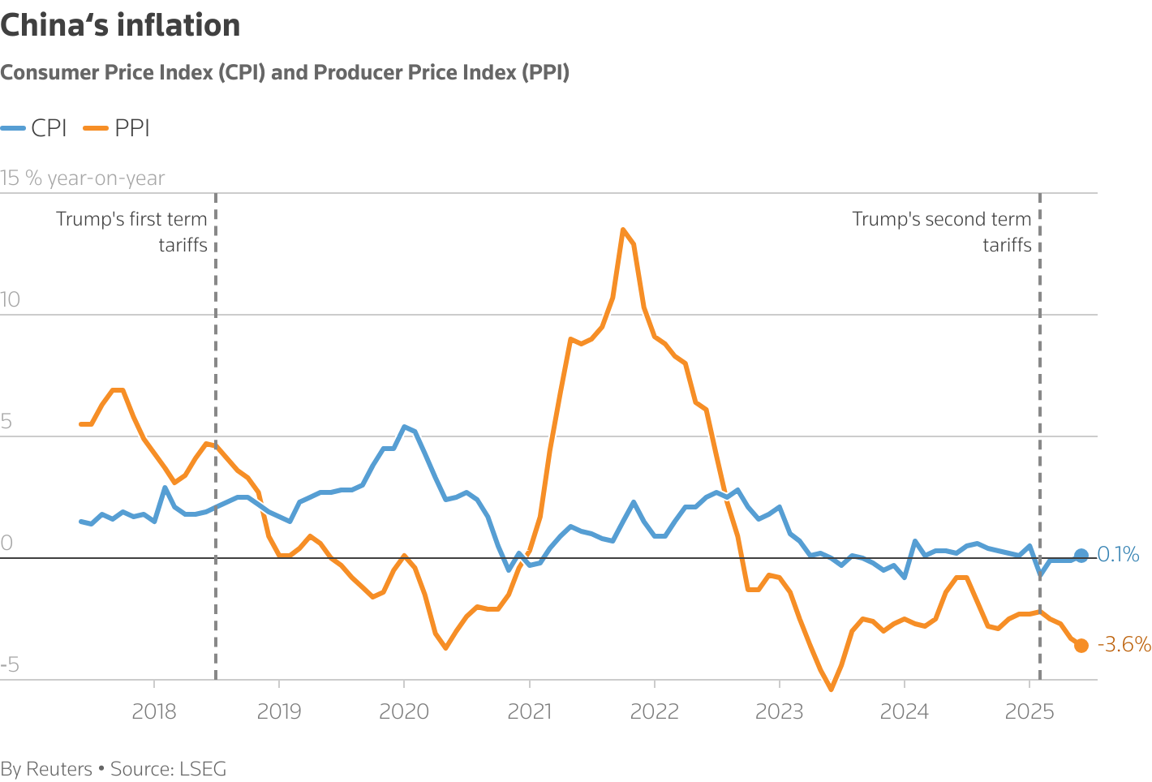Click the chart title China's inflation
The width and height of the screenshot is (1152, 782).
click(120, 26)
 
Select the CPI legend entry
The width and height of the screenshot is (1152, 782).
click(34, 128)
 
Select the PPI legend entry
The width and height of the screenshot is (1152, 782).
click(118, 128)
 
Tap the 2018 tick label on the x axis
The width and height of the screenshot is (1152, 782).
click(154, 711)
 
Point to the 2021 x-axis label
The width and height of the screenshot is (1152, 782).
click(529, 711)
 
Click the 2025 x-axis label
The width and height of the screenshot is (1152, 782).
click(1029, 711)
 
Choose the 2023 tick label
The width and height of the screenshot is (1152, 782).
click(779, 711)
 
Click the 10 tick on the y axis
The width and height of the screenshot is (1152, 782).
click(11, 299)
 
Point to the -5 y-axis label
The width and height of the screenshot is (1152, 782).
click(11, 665)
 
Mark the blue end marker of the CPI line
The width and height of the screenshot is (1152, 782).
click(1081, 556)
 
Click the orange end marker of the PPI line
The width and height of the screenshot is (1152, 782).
click(1081, 646)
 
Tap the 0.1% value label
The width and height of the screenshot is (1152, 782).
click(1118, 555)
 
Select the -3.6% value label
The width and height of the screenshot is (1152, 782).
click(1124, 644)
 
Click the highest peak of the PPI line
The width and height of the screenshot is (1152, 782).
click(622, 230)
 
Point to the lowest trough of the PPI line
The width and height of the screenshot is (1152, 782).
click(831, 690)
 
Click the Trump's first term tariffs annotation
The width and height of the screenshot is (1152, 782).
click(132, 232)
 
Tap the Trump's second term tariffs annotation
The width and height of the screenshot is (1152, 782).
click(942, 232)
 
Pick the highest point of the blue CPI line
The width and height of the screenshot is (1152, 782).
click(405, 427)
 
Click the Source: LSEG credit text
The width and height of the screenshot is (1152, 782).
click(168, 769)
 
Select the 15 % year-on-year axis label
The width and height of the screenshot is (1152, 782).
click(83, 178)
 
